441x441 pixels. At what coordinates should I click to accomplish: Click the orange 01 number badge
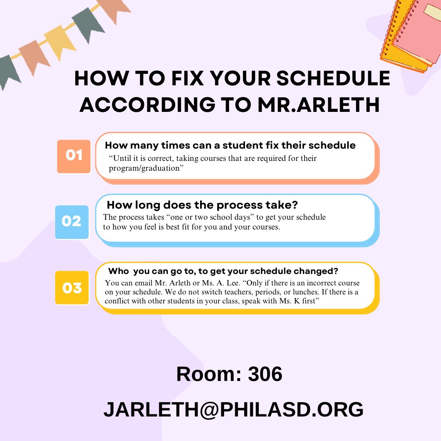[x=73, y=156]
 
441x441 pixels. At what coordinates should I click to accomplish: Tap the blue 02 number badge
[x=72, y=221]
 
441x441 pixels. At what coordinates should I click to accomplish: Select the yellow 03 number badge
[x=72, y=288]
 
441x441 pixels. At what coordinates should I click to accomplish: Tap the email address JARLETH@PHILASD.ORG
[x=233, y=409]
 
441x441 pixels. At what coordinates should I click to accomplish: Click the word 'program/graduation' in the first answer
[x=144, y=168]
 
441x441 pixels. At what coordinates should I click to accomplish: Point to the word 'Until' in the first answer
[x=122, y=158]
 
